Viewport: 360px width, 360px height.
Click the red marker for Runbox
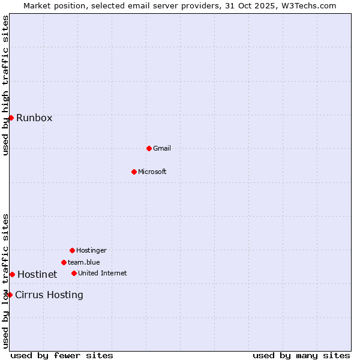coord(11,118)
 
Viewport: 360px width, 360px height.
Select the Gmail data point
coord(149,148)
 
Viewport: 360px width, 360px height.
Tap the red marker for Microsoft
coord(134,172)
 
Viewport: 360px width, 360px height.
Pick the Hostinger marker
coord(72,250)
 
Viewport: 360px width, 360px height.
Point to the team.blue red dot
coord(64,262)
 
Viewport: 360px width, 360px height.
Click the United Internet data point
coord(74,273)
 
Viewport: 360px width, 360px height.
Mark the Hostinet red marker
coord(12,274)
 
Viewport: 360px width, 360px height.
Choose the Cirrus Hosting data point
coord(10,295)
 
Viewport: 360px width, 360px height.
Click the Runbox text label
coord(34,118)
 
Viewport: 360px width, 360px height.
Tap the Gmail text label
coord(162,148)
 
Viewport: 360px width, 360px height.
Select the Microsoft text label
coord(152,172)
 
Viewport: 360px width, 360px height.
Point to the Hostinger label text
coord(91,250)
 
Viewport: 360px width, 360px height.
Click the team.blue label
coord(84,262)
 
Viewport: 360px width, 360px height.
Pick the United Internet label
coord(103,273)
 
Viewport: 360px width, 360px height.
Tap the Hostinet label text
coord(37,274)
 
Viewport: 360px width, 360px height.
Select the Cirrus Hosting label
coord(49,295)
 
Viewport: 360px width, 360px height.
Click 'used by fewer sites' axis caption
coord(62,355)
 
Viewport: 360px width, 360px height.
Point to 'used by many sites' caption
coord(301,355)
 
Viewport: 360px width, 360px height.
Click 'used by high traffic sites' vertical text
coord(5,85)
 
